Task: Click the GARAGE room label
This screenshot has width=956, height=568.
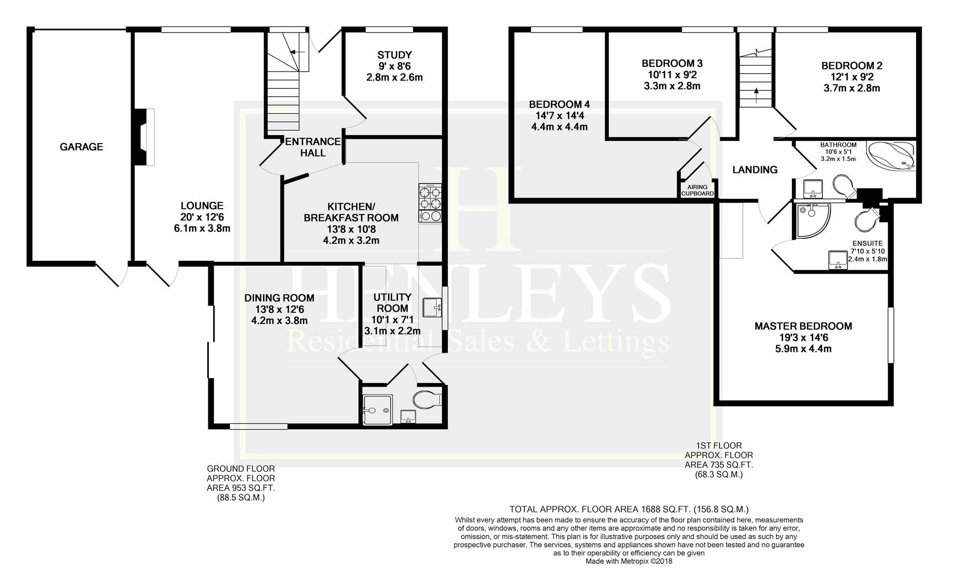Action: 81,147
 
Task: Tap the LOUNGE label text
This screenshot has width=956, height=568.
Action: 202,206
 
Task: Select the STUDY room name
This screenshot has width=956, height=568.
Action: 395,55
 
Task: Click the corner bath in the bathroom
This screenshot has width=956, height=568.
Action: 892,156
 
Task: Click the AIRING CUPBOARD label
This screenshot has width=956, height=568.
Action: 698,190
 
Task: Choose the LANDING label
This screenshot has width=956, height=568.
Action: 754,170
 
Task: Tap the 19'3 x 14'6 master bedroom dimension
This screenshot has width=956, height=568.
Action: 803,338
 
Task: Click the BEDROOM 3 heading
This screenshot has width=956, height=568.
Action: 672,64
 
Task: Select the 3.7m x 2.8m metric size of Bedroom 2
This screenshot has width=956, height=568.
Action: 851,88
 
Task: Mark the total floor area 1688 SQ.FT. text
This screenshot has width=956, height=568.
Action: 628,509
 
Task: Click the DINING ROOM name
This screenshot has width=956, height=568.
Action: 279,298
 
